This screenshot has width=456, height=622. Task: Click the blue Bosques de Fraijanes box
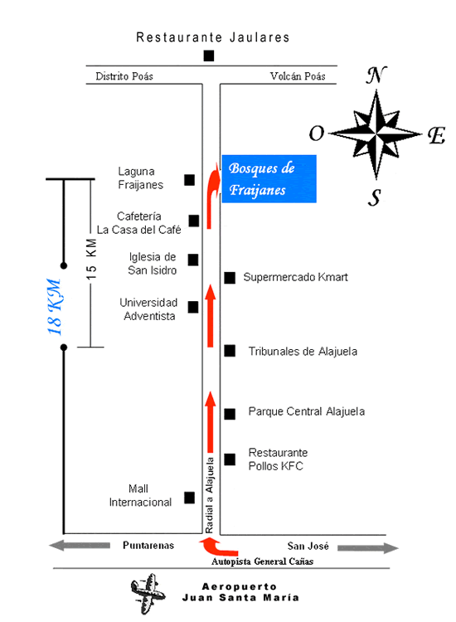pos(269,178)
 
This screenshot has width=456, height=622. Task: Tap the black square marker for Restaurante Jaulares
pos(209,56)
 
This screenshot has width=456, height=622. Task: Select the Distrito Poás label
pos(124,76)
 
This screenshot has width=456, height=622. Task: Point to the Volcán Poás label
pos(298,76)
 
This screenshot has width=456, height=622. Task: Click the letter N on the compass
pos(376,75)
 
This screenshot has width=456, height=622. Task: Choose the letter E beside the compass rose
pos(437,136)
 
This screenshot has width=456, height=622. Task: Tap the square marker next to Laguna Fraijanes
pos(189,180)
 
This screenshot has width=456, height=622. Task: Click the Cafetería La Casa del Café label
pos(138,223)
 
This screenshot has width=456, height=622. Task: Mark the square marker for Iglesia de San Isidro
pos(193,260)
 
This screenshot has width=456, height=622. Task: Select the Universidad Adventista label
pos(148,309)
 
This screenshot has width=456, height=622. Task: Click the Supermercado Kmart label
pos(295,277)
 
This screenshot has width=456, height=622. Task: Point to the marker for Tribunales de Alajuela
pos(230,351)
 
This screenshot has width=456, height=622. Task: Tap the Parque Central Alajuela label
pos(307,411)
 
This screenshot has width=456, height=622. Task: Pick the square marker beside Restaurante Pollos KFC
pos(230,459)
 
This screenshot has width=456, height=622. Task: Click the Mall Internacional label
pos(140,495)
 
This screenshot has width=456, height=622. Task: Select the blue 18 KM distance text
pos(55,307)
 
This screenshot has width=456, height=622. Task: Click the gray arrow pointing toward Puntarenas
pos(80,546)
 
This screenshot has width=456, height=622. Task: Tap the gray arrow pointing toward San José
pos(368,548)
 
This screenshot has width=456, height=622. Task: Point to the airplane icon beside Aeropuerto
pos(148,593)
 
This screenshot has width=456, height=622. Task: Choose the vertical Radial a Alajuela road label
pos(210,495)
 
